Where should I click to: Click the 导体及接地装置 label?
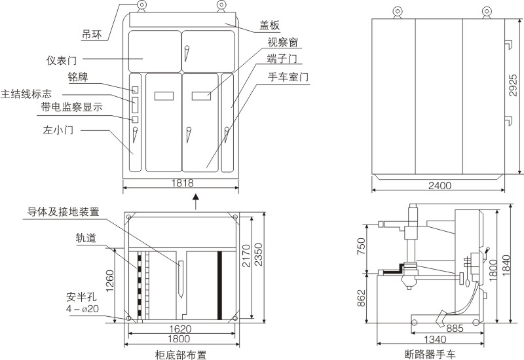(63, 211)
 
